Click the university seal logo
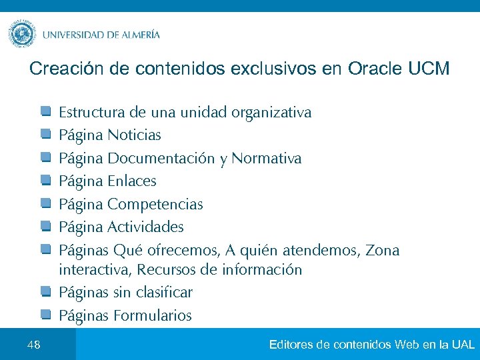[x=22, y=34]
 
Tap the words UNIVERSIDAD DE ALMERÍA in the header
[x=101, y=35]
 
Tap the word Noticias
[x=134, y=135]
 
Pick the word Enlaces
[x=132, y=181]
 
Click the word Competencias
[x=155, y=204]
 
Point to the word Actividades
[x=145, y=227]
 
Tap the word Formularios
[x=153, y=316]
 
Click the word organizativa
[x=271, y=112]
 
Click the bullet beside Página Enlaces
[x=45, y=181]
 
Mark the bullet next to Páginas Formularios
[x=45, y=315]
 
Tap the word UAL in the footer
[x=463, y=345]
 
